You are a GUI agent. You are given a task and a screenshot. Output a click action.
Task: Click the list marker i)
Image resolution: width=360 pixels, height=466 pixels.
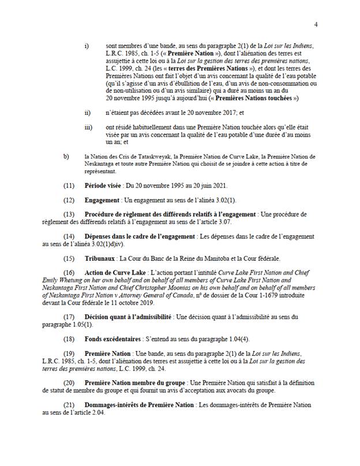coord(87,45)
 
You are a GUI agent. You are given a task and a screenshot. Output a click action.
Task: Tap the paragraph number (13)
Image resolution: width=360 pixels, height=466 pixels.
coord(69,214)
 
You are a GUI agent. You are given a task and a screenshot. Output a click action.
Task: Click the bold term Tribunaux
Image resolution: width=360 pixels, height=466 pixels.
coord(101,258)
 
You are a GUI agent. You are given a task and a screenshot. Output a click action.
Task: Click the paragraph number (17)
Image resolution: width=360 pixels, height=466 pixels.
coord(69,317)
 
